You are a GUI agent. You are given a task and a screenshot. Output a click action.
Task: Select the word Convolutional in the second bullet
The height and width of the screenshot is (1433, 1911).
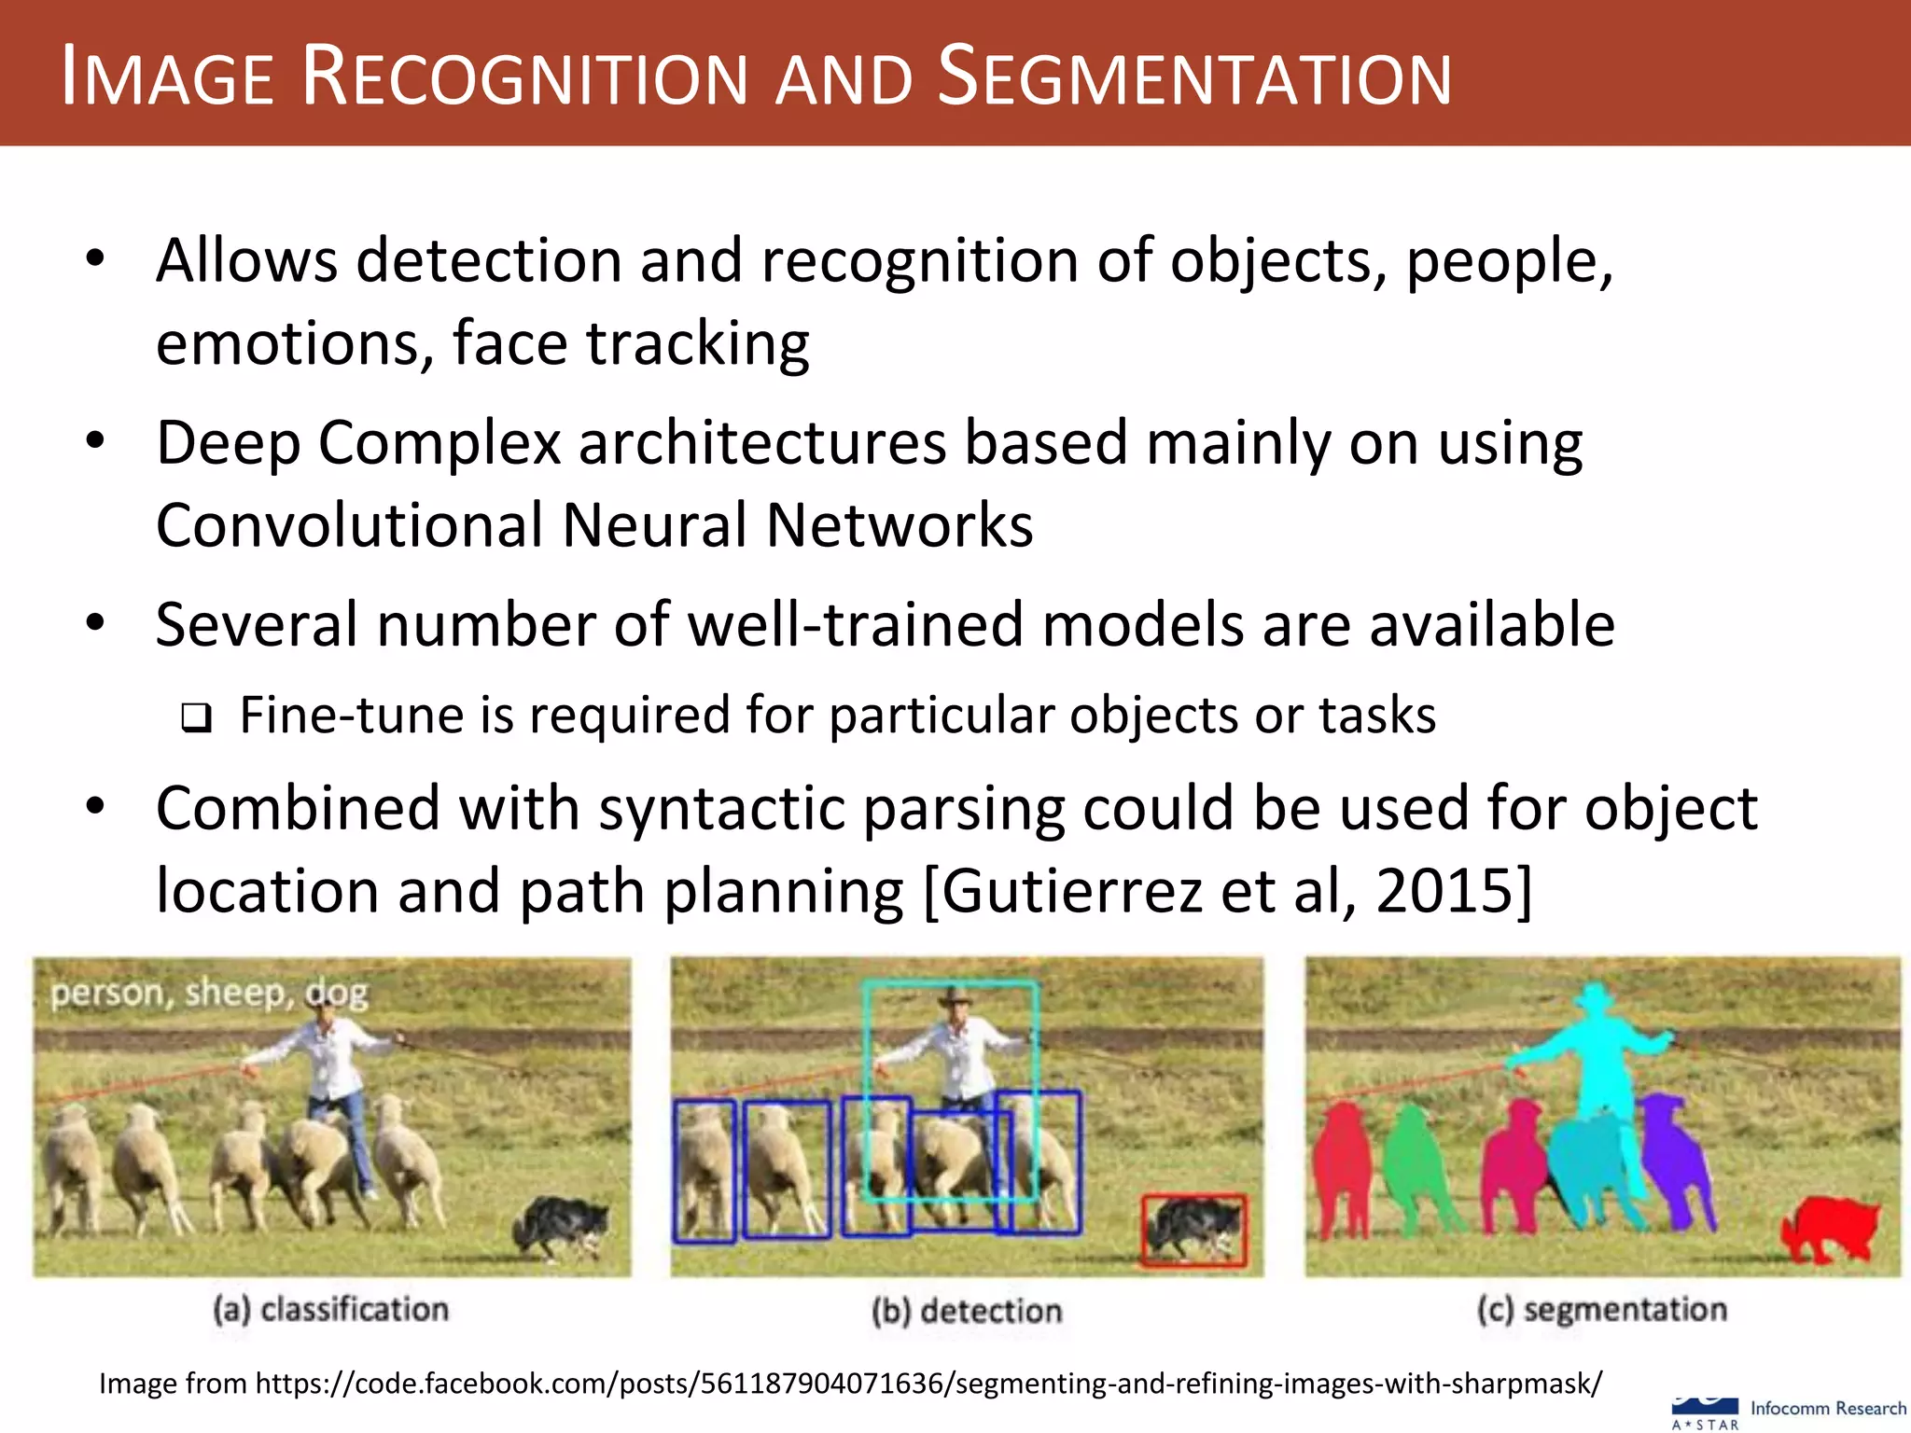pos(349,525)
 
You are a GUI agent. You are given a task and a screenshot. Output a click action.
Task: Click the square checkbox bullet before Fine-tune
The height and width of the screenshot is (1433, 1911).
pos(197,717)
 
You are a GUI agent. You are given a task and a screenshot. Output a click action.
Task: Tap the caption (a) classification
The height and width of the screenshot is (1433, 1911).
pos(331,1309)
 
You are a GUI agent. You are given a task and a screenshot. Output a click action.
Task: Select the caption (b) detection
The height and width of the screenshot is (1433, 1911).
pos(967,1311)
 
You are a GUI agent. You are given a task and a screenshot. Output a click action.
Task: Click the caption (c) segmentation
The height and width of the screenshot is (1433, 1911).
pos(1601,1309)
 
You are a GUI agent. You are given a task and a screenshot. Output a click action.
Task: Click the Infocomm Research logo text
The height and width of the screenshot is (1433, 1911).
pos(1827,1408)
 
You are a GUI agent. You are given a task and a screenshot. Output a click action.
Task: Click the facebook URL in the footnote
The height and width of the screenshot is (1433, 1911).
pos(928,1383)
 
